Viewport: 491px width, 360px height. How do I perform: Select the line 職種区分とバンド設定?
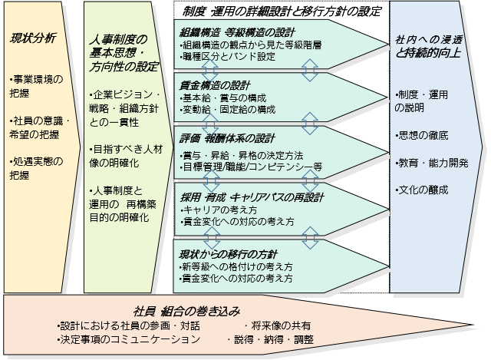coord(229,57)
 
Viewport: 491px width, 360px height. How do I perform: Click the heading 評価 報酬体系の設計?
coord(227,139)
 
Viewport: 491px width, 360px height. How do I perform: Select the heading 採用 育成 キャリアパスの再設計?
coord(252,197)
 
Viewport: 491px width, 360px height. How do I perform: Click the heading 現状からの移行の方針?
coord(228,254)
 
